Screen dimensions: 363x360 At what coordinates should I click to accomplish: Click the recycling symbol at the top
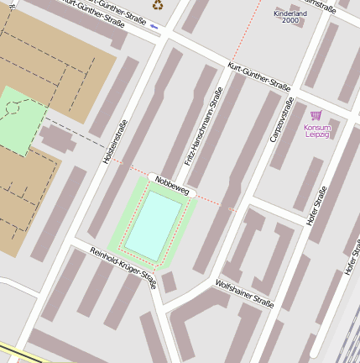pos(158,4)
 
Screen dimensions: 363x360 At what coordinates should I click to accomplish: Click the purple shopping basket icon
pos(316,115)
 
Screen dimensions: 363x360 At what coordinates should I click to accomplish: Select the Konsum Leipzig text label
pos(317,131)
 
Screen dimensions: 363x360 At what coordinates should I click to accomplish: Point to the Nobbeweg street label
pos(171,186)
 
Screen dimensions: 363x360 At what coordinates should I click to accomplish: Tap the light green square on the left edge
pos(18,119)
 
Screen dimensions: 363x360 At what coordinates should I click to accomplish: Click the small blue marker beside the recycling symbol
pos(154,26)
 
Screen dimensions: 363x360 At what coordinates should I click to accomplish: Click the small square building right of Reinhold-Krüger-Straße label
pos(169,282)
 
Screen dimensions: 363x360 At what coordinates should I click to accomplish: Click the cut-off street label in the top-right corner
pos(323,7)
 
